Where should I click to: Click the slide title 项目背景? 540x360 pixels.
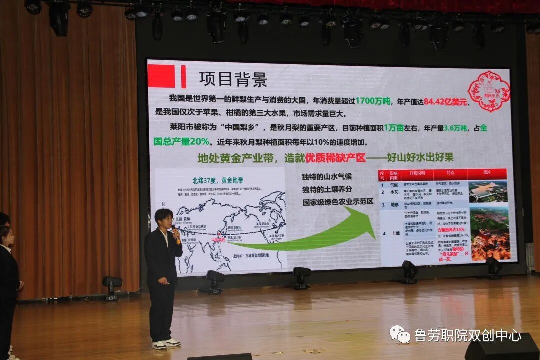233,79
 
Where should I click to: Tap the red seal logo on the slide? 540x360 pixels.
488,91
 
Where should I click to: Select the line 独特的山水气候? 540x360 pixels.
327,177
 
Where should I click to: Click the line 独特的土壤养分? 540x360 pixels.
327,190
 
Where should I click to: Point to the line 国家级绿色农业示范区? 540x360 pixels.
338,203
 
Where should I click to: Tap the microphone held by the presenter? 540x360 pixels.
175,233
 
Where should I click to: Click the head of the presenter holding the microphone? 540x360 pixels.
163,218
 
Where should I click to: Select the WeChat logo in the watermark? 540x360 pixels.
400,334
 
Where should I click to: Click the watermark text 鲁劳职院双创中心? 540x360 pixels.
467,335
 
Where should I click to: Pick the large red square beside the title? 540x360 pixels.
161,76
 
